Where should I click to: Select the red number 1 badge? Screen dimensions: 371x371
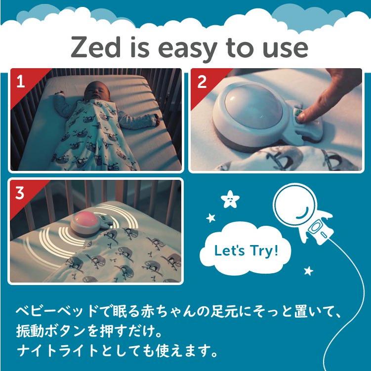coord(20,82)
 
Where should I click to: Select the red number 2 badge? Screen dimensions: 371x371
coord(201,82)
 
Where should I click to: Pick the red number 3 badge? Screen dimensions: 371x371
coord(20,193)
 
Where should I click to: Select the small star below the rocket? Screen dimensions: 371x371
coord(308,270)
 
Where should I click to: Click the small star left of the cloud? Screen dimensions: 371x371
coord(211,217)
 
